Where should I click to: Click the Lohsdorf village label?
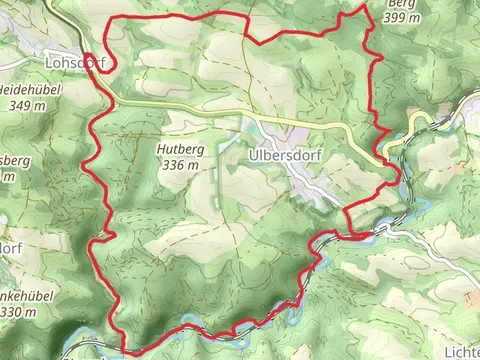74,61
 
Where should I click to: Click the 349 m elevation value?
25,105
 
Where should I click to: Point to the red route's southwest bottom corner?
126,350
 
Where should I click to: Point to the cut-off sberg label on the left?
16,160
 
